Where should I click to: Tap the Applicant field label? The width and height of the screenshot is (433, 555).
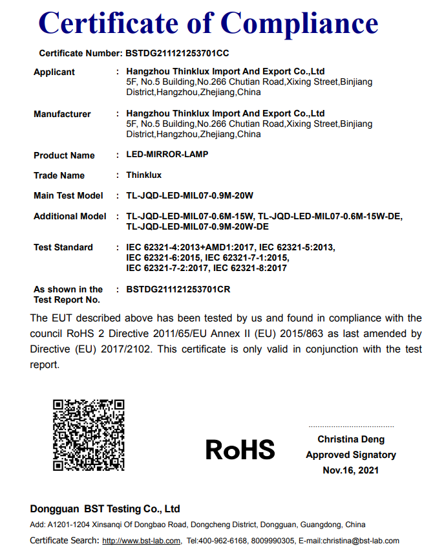(54, 72)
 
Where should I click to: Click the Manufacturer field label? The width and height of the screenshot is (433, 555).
(62, 114)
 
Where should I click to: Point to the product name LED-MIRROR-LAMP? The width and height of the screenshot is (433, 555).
(167, 155)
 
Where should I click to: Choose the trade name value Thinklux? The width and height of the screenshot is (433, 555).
(144, 175)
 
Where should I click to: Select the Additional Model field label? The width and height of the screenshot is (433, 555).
(70, 217)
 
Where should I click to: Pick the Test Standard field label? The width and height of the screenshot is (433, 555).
(63, 248)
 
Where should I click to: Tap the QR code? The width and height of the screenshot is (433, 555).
(89, 435)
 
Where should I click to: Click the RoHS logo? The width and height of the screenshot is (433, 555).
(240, 450)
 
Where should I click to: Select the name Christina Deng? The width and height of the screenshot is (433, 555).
(351, 440)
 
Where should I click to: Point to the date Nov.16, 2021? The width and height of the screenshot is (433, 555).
(351, 470)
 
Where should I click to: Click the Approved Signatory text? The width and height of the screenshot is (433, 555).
(351, 455)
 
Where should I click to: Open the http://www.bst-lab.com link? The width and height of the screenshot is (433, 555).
(142, 541)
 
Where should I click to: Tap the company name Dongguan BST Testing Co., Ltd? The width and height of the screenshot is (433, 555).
(105, 509)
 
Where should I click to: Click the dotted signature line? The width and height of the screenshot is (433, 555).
(351, 427)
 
